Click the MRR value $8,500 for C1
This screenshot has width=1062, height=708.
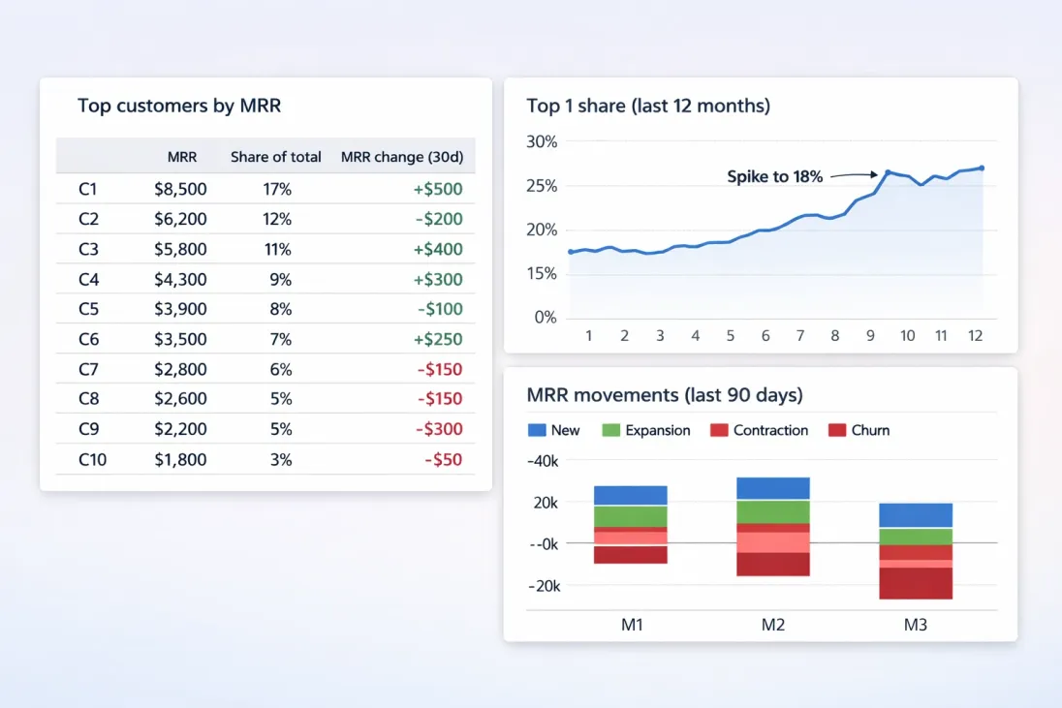tap(180, 190)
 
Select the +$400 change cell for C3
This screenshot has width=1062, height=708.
tap(438, 250)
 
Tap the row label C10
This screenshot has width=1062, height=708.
tap(93, 460)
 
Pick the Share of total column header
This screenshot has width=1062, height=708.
tap(276, 157)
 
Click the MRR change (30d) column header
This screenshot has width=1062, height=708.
tap(401, 157)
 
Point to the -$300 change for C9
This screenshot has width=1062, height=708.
tap(440, 430)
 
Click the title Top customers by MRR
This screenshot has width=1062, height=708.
tap(179, 107)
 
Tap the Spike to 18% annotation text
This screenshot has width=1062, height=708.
tap(774, 177)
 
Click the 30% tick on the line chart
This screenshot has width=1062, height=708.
tap(542, 142)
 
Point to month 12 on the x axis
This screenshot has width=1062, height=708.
tap(976, 336)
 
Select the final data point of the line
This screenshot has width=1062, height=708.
tap(982, 168)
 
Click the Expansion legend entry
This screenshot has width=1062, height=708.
tap(646, 430)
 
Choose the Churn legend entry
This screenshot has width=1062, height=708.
tap(859, 430)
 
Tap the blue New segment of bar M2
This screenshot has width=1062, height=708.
tap(772, 488)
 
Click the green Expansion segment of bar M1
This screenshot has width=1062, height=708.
tap(631, 516)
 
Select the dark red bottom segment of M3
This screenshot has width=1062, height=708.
tap(917, 583)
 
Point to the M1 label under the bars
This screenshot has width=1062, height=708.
tap(632, 625)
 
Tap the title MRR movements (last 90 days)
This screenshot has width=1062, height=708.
tap(665, 395)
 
